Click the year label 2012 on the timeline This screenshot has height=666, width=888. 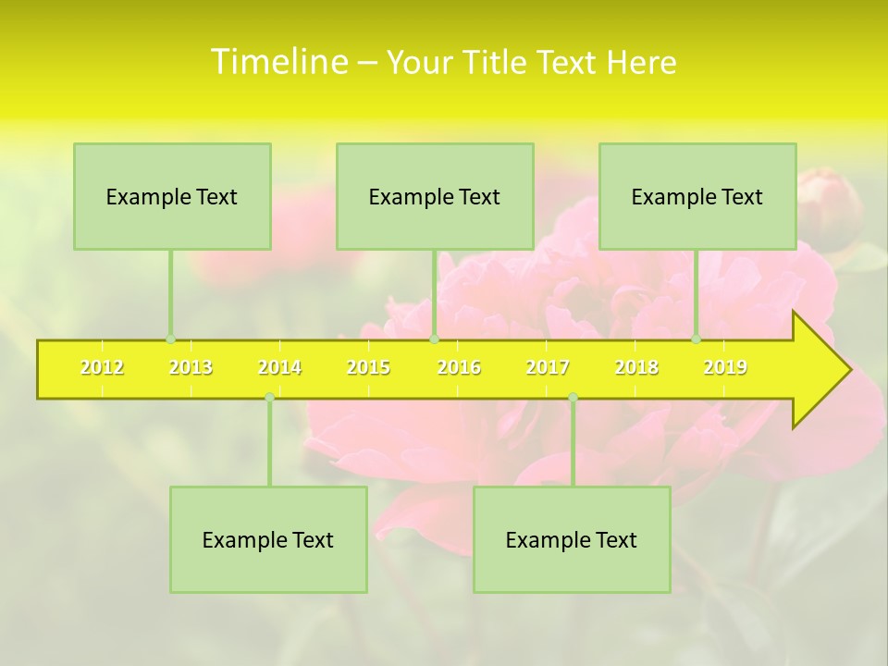(102, 367)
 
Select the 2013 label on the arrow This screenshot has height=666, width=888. (191, 367)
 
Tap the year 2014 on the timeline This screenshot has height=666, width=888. (279, 367)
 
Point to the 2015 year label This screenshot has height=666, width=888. (368, 367)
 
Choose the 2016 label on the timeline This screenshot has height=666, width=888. (459, 367)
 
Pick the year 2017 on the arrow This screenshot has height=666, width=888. (548, 367)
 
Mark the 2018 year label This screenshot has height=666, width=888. (636, 367)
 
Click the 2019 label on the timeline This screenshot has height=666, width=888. (725, 367)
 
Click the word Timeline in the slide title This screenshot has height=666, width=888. (278, 61)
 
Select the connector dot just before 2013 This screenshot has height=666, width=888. (170, 339)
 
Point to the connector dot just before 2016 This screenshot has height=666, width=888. (434, 339)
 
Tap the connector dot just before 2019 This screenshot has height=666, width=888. (697, 339)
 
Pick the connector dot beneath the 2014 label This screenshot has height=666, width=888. (269, 397)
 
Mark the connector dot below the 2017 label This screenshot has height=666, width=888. (573, 397)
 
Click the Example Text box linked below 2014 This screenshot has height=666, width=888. (268, 539)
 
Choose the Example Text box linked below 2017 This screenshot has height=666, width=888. (572, 539)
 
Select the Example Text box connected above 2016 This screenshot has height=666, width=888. (435, 196)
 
